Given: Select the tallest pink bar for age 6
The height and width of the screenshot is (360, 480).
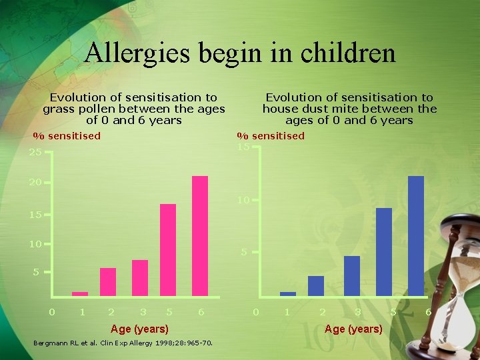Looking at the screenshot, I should (x=200, y=235).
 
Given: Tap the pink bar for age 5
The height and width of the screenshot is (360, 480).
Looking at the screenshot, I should (x=168, y=249).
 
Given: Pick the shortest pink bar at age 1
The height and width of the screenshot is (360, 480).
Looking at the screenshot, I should (x=80, y=293).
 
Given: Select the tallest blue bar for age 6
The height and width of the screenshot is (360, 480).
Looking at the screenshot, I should (x=416, y=235).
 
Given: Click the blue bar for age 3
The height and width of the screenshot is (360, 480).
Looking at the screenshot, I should (x=352, y=275).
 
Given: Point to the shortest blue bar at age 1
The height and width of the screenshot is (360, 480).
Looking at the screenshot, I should (x=288, y=293).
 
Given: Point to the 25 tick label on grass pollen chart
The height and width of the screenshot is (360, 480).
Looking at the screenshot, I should (x=35, y=153).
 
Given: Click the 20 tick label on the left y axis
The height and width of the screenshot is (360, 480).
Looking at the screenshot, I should (x=35, y=182).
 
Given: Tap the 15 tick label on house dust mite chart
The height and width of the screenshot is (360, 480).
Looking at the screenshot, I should (x=243, y=146).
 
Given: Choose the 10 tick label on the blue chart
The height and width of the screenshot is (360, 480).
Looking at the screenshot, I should (x=243, y=200).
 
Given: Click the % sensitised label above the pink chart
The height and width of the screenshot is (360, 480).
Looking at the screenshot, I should (x=67, y=136).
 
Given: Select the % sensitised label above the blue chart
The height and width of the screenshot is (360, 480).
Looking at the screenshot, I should (x=271, y=136).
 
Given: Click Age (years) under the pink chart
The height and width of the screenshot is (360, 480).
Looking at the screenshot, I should (x=139, y=329).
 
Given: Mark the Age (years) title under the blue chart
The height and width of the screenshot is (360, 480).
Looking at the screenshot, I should (x=353, y=329).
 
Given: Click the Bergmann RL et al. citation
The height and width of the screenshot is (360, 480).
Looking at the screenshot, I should (x=123, y=343).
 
